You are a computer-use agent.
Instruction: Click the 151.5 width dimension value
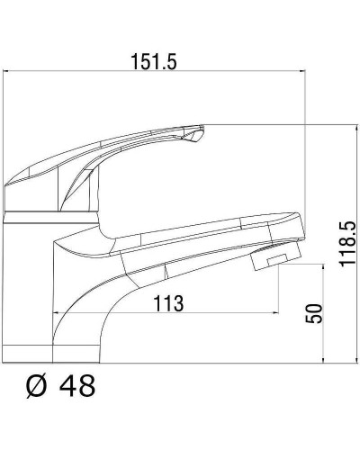coord(154,62)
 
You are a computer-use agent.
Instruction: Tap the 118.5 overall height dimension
coord(347,244)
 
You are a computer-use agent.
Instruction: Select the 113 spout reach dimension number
coord(168,303)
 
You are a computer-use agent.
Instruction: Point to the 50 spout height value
coord(314,313)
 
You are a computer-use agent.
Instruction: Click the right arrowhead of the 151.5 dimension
coord(301,71)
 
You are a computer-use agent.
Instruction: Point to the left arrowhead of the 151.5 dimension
coord(6,71)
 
